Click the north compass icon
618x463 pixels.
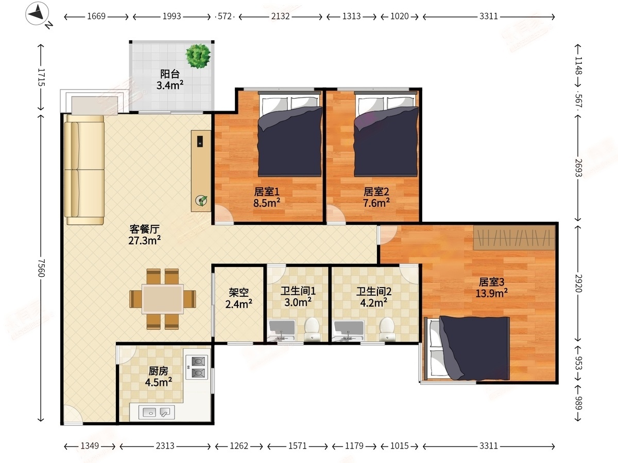tap(38, 14)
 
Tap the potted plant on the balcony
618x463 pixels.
tap(198, 56)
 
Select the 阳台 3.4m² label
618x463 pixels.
tap(170, 80)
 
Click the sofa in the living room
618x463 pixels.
tap(84, 170)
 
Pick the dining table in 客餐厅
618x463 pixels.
tap(162, 299)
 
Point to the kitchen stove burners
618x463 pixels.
tap(198, 367)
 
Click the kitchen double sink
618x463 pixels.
tap(157, 412)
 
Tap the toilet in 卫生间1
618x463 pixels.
tap(312, 329)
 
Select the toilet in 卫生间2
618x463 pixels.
tap(387, 329)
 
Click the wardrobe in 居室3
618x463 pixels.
tap(514, 238)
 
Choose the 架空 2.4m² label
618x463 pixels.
tap(239, 298)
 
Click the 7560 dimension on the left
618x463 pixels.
tap(41, 268)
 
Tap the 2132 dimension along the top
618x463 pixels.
tap(281, 16)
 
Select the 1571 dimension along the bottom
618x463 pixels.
tap(298, 446)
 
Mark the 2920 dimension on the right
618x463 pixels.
tap(578, 283)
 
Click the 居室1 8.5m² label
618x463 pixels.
tap(267, 198)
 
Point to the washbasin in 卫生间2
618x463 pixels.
tap(348, 331)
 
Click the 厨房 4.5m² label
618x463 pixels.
tap(159, 377)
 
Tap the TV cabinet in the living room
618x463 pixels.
tap(201, 171)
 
